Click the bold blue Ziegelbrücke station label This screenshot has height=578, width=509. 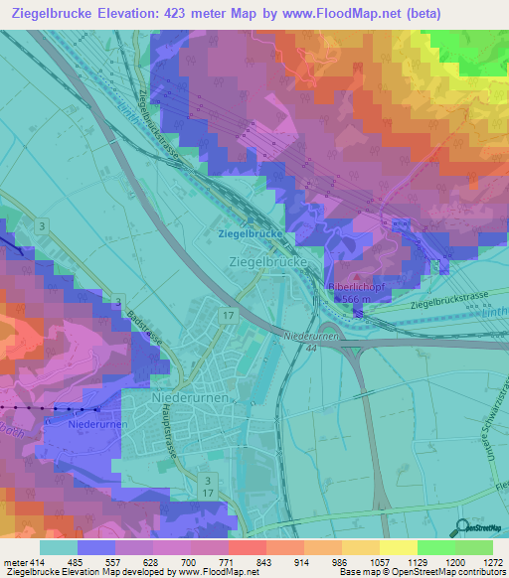[x=250, y=233]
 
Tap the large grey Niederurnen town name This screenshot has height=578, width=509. [x=191, y=396]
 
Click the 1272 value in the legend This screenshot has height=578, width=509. [x=490, y=563]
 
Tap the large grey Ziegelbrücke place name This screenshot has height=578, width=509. [x=270, y=261]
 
